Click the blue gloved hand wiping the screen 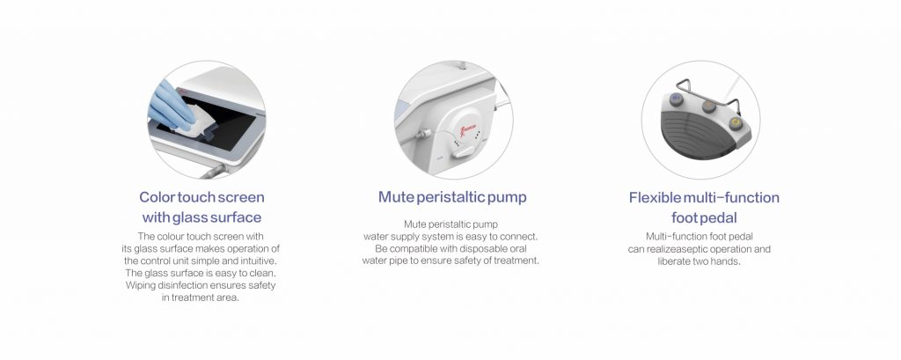point(171,106)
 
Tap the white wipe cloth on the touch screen point(194,122)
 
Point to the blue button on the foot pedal point(677,99)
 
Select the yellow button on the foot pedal point(735,123)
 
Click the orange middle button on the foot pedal point(709,107)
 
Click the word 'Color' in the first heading point(157,197)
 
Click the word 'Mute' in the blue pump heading point(396,197)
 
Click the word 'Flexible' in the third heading point(655,198)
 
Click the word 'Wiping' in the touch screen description point(140,285)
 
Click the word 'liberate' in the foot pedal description point(675,261)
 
